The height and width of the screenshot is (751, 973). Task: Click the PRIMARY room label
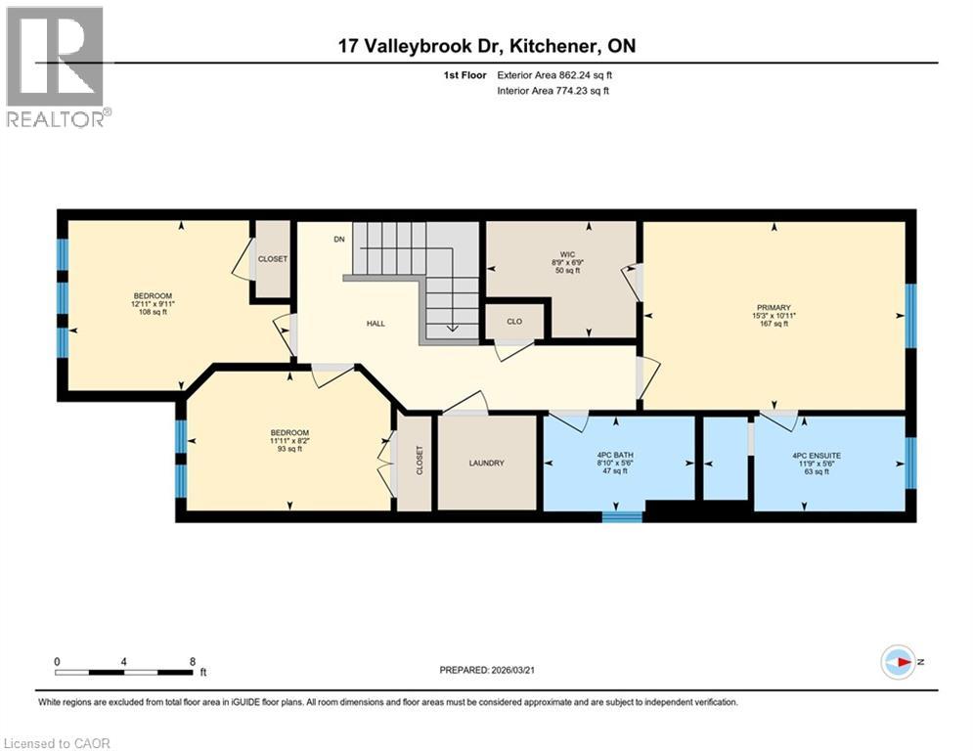tap(773, 307)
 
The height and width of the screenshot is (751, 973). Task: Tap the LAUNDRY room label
tap(486, 464)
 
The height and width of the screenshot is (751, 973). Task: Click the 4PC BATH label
tap(617, 453)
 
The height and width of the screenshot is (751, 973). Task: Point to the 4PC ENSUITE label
tap(827, 453)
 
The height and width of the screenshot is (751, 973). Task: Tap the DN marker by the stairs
tap(339, 240)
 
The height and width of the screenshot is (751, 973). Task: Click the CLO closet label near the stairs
tap(515, 321)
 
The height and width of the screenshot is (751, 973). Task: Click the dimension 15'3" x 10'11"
tap(773, 316)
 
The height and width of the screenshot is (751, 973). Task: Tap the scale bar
tap(124, 672)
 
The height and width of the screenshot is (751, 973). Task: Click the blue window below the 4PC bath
tap(615, 515)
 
